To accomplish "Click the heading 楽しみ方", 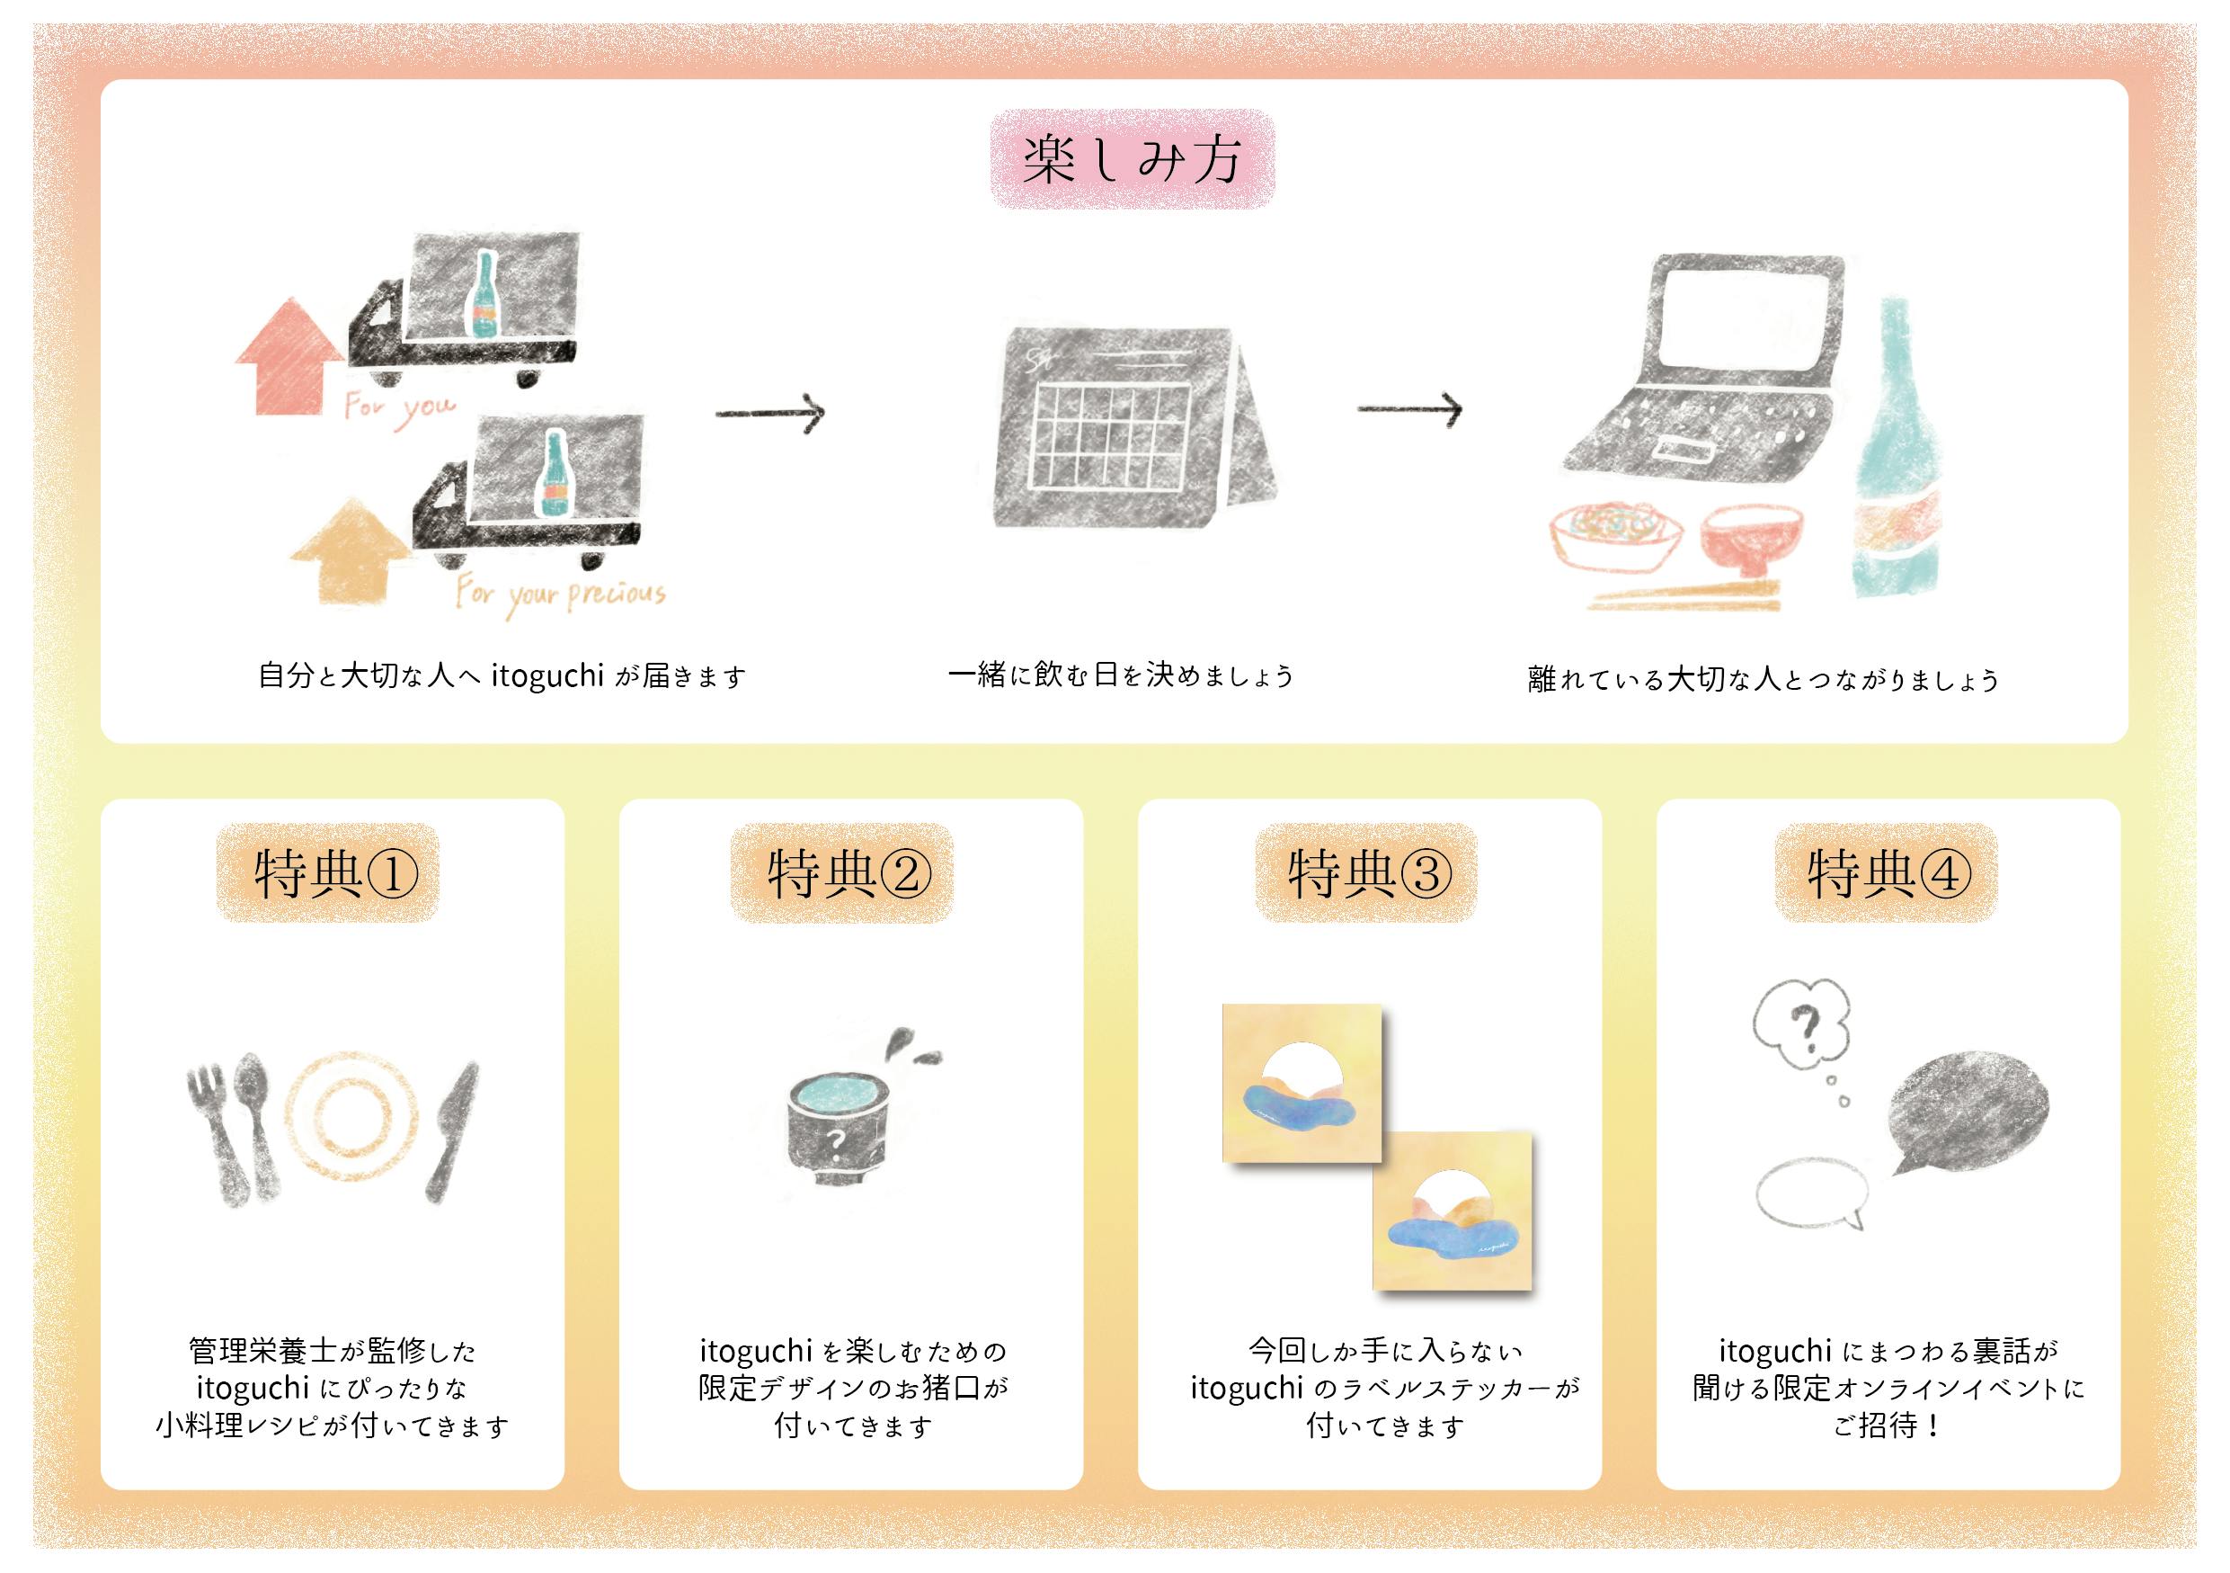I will [x=1132, y=159].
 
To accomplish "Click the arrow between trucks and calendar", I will [x=770, y=413].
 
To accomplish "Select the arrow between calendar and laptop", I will [x=1409, y=409].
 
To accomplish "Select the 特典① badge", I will [x=328, y=872].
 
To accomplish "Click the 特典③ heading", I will [x=1367, y=872].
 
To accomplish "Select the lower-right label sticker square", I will [x=1452, y=1211].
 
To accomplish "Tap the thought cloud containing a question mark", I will [x=1801, y=1026].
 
